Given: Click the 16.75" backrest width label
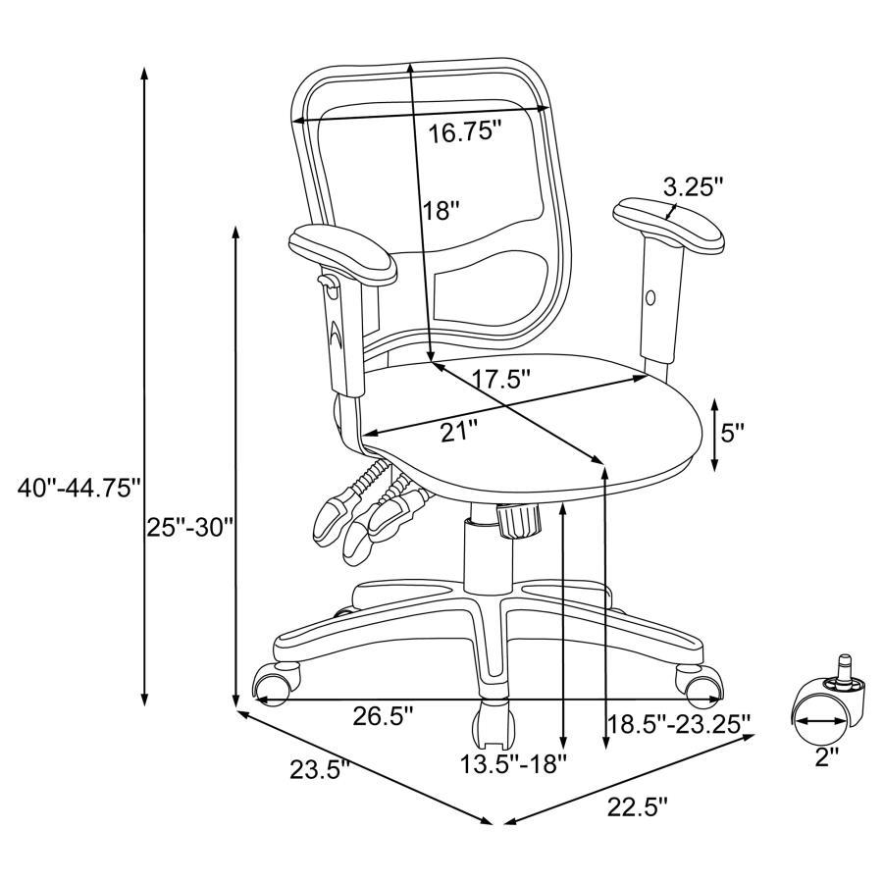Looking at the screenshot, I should click(465, 132).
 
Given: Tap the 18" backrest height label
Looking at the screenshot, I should click(442, 210).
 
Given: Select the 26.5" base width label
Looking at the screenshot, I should click(383, 717).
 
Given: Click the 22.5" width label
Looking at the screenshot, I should click(637, 807).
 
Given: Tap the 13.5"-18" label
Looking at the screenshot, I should click(515, 762).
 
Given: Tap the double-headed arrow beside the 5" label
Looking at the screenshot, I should click(714, 433).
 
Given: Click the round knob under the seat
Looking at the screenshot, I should click(519, 519).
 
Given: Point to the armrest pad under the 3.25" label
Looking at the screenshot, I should click(669, 226).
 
